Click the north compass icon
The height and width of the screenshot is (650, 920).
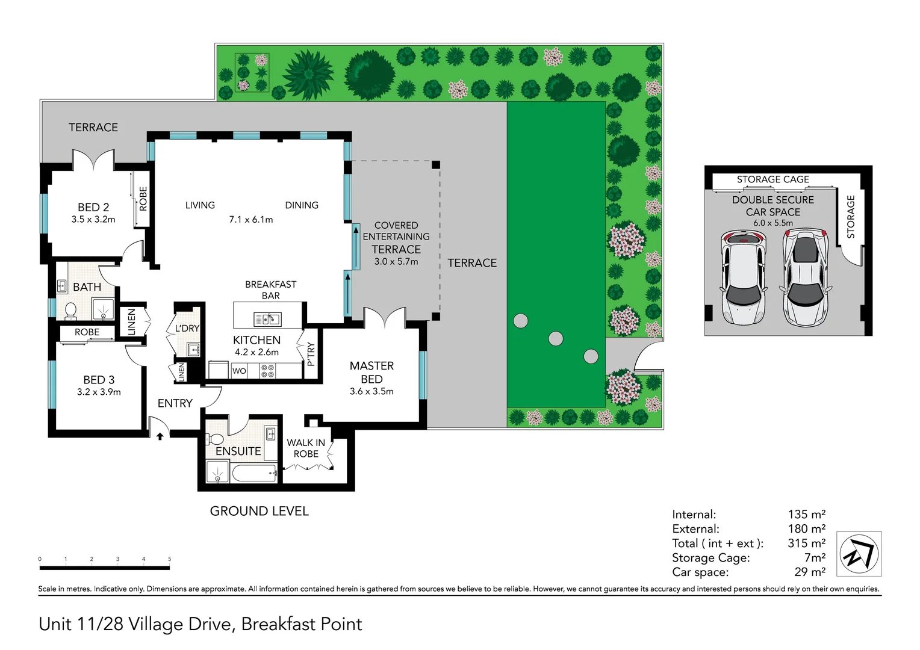859,554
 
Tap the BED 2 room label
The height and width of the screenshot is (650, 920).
93,207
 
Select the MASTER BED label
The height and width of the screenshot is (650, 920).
371,373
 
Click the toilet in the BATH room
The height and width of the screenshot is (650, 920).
70,311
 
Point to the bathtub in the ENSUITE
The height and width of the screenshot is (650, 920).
253,473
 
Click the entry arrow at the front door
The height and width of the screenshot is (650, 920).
160,436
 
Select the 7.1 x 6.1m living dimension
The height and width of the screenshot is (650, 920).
250,220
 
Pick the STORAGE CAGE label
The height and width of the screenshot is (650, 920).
772,179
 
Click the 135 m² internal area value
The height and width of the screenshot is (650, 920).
806,514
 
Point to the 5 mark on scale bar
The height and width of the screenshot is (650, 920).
169,559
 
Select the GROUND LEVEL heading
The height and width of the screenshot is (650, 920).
259,511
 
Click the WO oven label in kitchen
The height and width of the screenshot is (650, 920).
239,371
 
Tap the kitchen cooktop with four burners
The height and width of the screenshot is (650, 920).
268,371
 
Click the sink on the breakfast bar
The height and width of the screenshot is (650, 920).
267,318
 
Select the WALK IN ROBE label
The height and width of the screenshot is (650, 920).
306,448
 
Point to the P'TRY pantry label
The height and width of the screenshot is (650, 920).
311,354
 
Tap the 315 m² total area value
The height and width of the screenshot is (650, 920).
806,543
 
